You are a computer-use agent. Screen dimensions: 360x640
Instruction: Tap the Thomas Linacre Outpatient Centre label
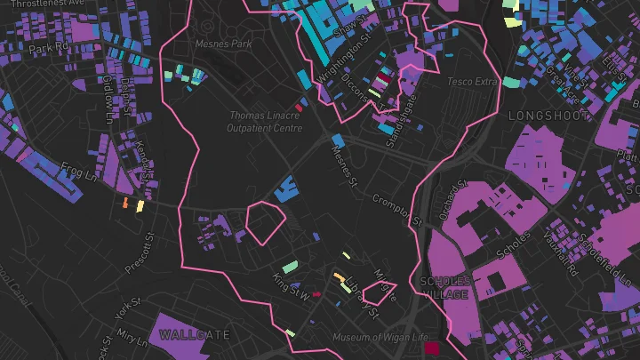coord(265,122)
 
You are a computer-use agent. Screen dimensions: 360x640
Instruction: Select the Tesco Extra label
coord(471,82)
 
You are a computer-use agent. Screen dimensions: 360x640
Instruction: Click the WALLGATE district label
coord(195,335)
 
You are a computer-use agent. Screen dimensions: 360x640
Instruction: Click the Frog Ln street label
coord(77,169)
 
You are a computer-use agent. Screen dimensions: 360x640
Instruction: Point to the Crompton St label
coord(394,209)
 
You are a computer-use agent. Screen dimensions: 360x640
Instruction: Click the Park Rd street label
coord(48,47)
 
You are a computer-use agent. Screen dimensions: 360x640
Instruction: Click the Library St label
coord(363,297)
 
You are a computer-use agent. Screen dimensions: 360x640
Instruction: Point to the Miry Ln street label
coord(131,339)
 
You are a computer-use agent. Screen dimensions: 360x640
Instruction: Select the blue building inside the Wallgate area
coord(285,189)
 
